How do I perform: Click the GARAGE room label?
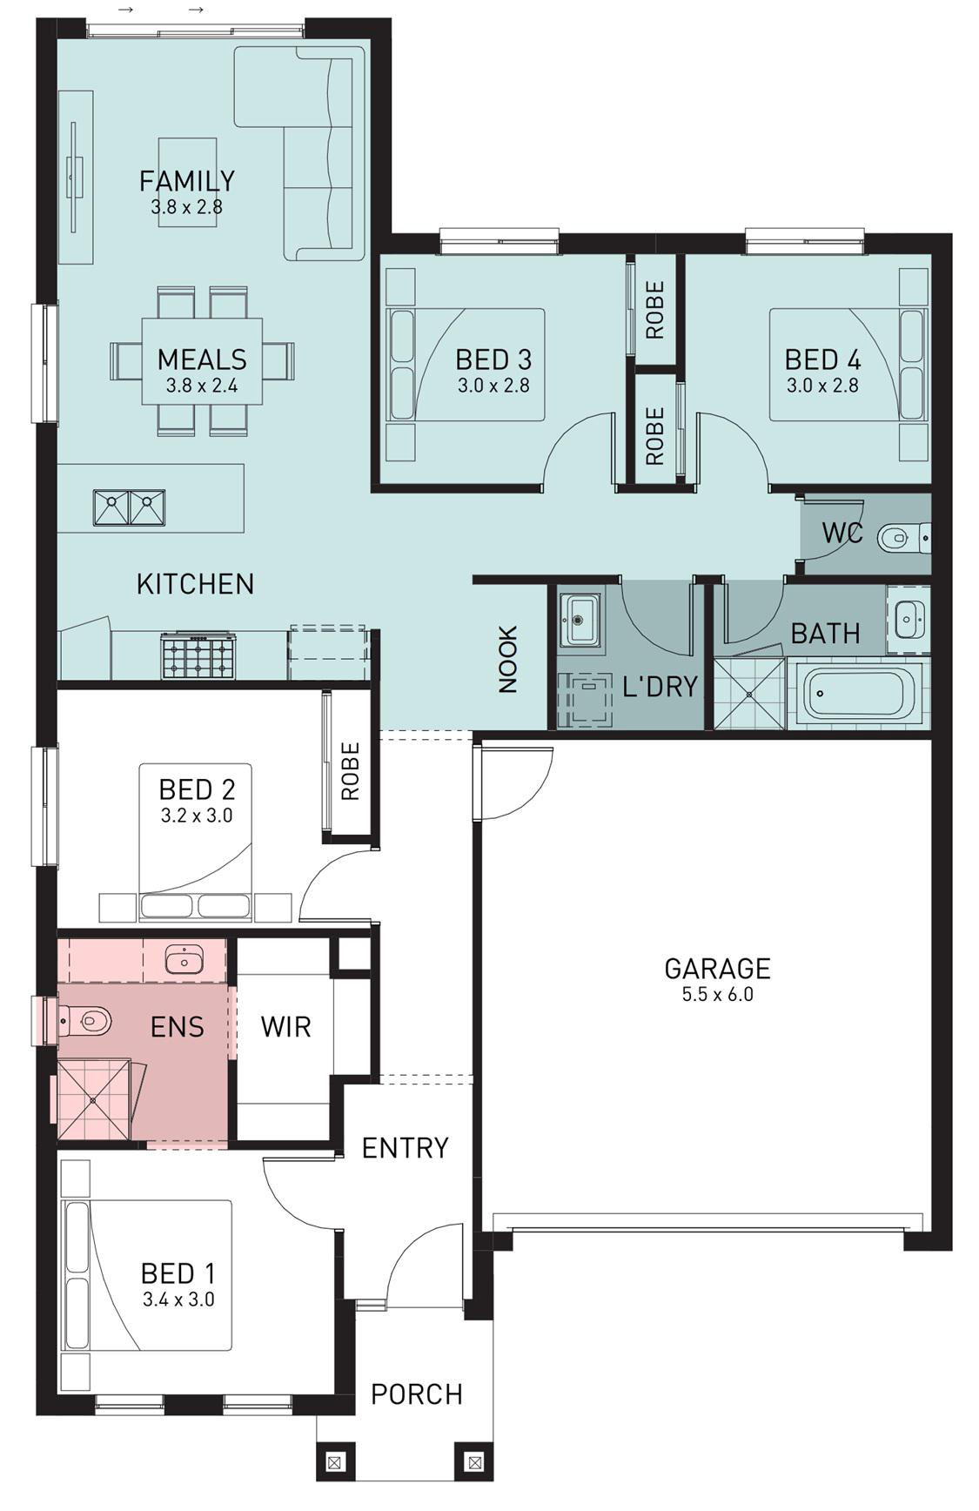click(717, 968)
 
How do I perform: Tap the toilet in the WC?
click(903, 537)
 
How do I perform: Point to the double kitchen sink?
click(129, 507)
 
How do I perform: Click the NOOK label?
click(507, 659)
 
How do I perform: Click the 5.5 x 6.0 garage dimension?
click(717, 994)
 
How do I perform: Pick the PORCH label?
click(416, 1394)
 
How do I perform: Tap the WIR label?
click(285, 1026)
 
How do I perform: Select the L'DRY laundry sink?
click(580, 620)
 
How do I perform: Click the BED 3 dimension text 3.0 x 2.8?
click(493, 385)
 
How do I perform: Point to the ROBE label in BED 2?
click(350, 771)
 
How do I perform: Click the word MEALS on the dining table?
click(202, 359)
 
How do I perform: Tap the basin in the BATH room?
click(909, 619)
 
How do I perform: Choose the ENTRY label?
click(405, 1147)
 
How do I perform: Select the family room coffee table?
click(187, 183)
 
